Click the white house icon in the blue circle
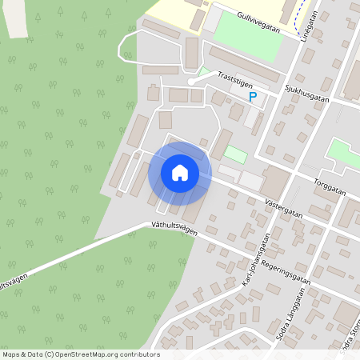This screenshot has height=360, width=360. tap(180, 172)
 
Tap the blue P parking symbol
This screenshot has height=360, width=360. tap(253, 98)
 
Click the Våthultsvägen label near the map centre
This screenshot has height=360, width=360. tap(174, 228)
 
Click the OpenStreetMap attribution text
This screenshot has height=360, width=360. tap(80, 354)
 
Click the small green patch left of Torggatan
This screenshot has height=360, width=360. tap(235, 154)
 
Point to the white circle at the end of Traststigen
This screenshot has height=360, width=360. tap(190, 82)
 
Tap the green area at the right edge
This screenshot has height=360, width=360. tap(344, 153)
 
